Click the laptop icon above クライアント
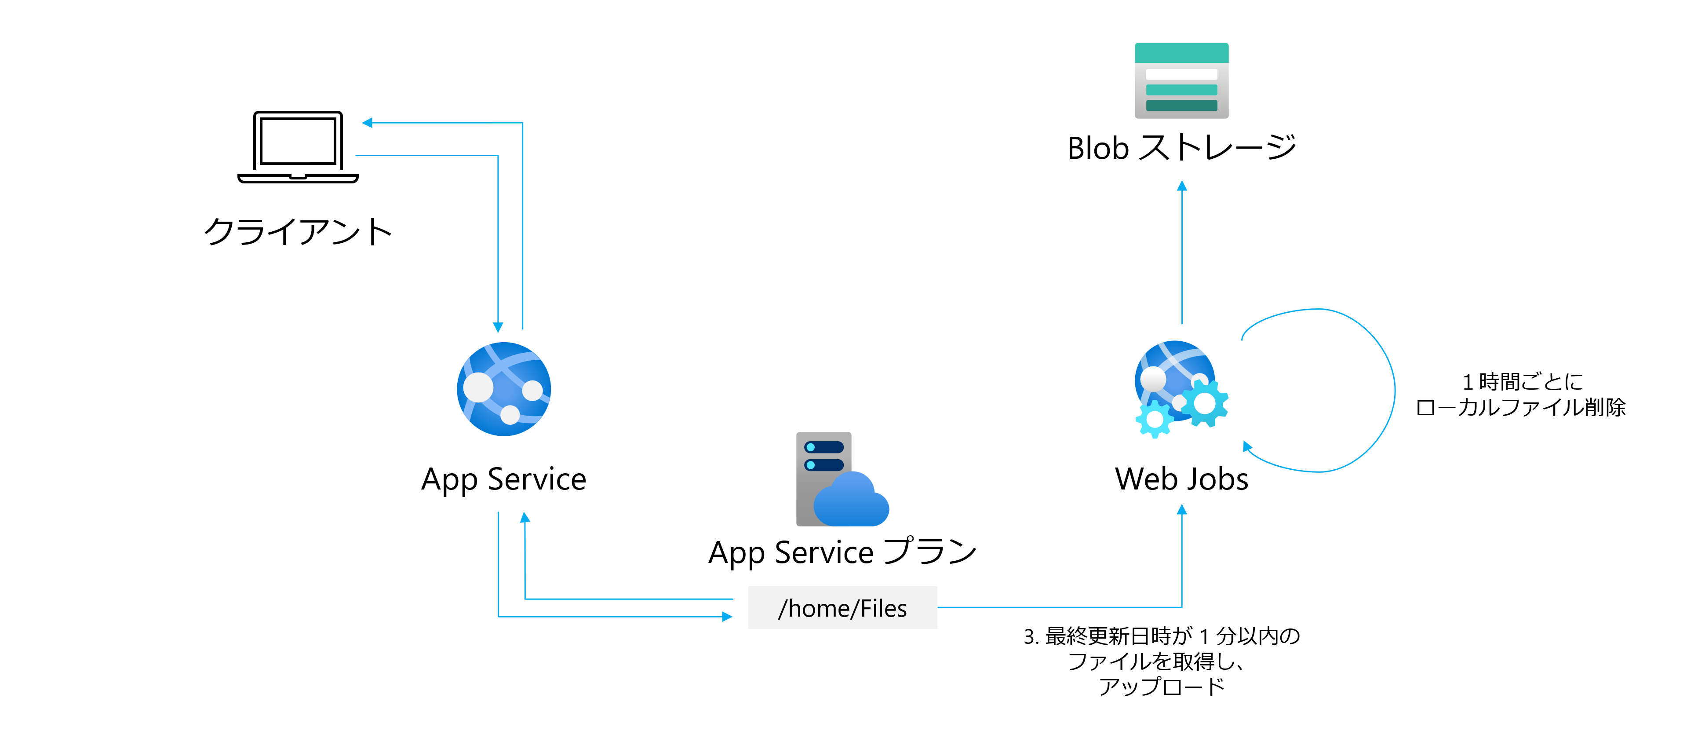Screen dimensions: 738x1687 298,147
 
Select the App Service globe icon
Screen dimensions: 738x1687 503,389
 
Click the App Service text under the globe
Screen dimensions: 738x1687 503,479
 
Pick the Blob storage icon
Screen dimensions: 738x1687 1181,80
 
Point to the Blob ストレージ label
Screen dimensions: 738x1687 1181,148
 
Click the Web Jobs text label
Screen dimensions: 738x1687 1181,479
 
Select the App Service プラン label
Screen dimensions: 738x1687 843,552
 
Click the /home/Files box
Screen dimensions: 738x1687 842,608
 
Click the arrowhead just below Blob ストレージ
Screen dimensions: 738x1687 1181,186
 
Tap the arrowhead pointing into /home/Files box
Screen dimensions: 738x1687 726,616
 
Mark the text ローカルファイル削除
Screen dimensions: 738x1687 1521,407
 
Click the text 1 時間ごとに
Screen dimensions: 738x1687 1522,381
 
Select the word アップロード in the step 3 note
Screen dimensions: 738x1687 1161,686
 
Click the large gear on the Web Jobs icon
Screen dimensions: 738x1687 1204,403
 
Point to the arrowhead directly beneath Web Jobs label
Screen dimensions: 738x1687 1181,509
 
